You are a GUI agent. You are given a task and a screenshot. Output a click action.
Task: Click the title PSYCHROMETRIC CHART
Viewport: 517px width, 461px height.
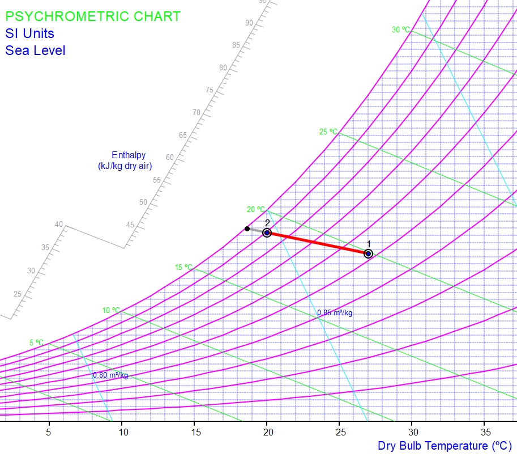(93, 16)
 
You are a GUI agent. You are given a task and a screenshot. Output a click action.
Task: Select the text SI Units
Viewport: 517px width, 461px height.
(29, 33)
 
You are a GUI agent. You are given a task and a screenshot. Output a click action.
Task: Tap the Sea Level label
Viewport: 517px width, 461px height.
(35, 50)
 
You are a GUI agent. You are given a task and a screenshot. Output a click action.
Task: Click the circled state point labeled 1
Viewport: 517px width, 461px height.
(368, 253)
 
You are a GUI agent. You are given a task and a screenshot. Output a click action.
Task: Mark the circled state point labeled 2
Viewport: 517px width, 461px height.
(267, 232)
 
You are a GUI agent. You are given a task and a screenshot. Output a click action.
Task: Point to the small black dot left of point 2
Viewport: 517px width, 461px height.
(247, 229)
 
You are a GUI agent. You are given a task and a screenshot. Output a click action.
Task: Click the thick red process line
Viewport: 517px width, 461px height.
(317, 243)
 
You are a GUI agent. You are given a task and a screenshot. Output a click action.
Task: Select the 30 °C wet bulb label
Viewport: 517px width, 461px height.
(401, 29)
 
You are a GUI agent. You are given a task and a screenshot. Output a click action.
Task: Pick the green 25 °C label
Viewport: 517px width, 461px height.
(328, 132)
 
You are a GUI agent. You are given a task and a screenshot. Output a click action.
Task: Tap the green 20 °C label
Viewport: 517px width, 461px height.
(255, 210)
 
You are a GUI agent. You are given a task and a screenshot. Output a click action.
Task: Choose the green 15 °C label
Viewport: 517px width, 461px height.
(183, 267)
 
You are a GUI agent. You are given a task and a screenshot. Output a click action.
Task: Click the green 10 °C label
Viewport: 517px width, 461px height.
(111, 310)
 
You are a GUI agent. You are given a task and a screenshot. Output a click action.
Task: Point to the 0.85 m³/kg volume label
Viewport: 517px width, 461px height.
(335, 312)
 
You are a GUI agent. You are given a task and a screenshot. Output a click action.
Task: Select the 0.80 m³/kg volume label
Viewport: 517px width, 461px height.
(110, 375)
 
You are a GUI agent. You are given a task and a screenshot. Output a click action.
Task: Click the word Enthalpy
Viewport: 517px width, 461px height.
(129, 155)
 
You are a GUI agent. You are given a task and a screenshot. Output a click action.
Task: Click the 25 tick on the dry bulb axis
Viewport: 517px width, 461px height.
(339, 432)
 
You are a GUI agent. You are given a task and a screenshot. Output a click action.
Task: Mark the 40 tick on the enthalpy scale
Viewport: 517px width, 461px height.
(59, 224)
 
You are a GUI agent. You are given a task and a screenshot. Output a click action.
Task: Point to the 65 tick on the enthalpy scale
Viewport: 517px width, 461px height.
(183, 135)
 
